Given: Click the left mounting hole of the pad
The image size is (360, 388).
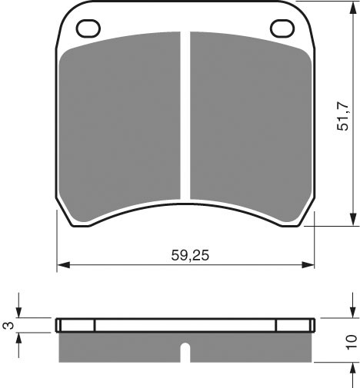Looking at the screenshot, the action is coord(88,28).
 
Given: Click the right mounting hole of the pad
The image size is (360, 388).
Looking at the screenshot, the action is coord(282,28).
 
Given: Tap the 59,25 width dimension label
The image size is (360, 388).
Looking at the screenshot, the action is coord(190,255).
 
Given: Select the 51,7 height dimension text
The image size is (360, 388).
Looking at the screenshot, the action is coord(343,116).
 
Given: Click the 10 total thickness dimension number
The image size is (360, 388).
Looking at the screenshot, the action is coord(351,342).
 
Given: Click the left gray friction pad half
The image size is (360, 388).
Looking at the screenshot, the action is coord(119,125).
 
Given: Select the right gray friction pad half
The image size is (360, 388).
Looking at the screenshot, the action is coord(251,125).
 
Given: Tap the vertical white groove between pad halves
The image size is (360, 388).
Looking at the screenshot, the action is coord(185,115).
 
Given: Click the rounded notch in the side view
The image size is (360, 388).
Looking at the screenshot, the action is coord(185,353).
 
